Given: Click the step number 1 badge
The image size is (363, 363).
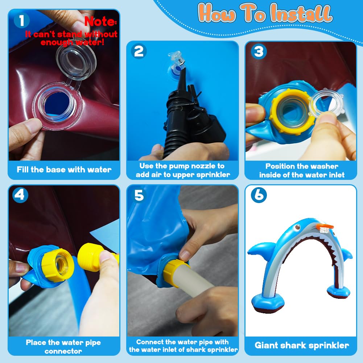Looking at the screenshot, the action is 21,20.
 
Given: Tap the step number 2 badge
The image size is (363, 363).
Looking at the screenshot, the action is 139,51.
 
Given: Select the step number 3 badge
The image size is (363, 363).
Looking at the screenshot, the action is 259,51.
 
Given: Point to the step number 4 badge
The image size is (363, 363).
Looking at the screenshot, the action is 20,195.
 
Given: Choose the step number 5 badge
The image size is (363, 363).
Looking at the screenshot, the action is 139,195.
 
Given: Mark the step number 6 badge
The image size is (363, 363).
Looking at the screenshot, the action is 259,195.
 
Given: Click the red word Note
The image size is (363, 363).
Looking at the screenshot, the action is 100,21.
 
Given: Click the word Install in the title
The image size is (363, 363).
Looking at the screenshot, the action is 301,14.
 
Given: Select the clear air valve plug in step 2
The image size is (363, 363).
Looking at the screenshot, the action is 176,58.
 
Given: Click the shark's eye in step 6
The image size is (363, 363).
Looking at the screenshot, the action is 297,227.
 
